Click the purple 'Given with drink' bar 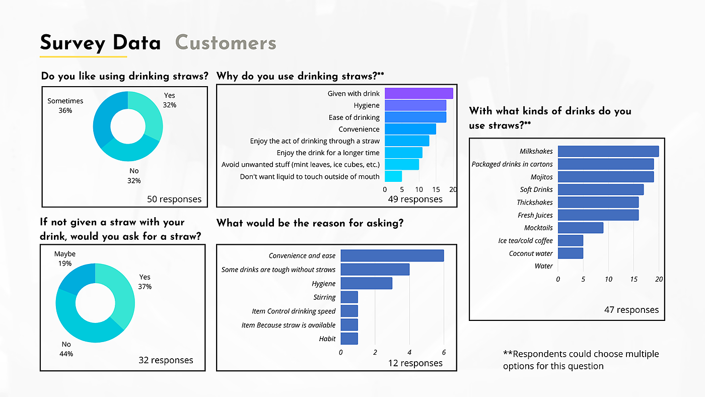click(x=418, y=93)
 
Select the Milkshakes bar click(x=608, y=151)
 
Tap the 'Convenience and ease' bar click(x=392, y=255)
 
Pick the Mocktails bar click(x=580, y=228)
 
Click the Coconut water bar click(x=570, y=253)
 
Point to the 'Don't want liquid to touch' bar click(x=393, y=176)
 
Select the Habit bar click(x=349, y=339)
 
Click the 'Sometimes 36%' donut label click(x=65, y=105)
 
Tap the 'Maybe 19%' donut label click(x=65, y=258)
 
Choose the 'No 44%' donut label click(x=66, y=349)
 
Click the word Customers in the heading click(x=226, y=43)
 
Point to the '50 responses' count click(x=174, y=200)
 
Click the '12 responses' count click(x=415, y=363)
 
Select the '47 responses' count click(x=631, y=310)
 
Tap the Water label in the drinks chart click(x=544, y=266)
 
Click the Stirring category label click(x=324, y=298)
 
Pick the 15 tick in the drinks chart click(x=633, y=279)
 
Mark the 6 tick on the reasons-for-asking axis click(x=444, y=352)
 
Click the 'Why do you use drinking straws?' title click(x=300, y=76)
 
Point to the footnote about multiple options click(x=581, y=360)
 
